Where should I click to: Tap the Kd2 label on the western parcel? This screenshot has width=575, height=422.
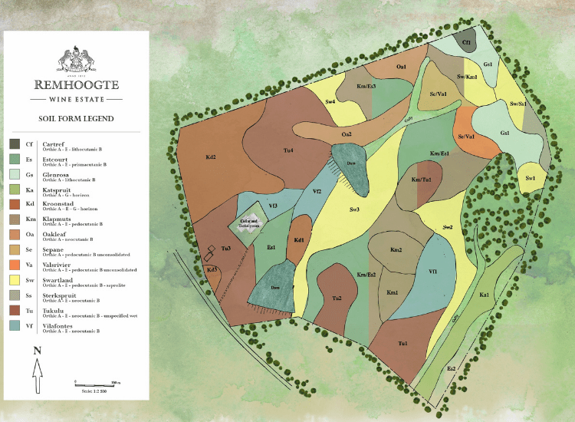pos(211,158)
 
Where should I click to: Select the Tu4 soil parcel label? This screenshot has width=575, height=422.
pos(288,150)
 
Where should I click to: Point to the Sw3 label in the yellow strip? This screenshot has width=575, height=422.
pos(354,209)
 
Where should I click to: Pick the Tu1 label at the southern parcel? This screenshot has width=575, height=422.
pos(402,344)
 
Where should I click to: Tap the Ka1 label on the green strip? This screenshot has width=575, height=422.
pos(485,295)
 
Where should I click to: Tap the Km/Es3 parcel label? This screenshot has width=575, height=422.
pos(366,87)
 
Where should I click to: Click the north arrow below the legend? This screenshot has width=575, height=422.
pos(36,367)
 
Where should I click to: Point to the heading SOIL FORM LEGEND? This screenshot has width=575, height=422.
pos(76,119)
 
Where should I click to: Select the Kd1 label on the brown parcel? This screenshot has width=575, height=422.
pos(301,240)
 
